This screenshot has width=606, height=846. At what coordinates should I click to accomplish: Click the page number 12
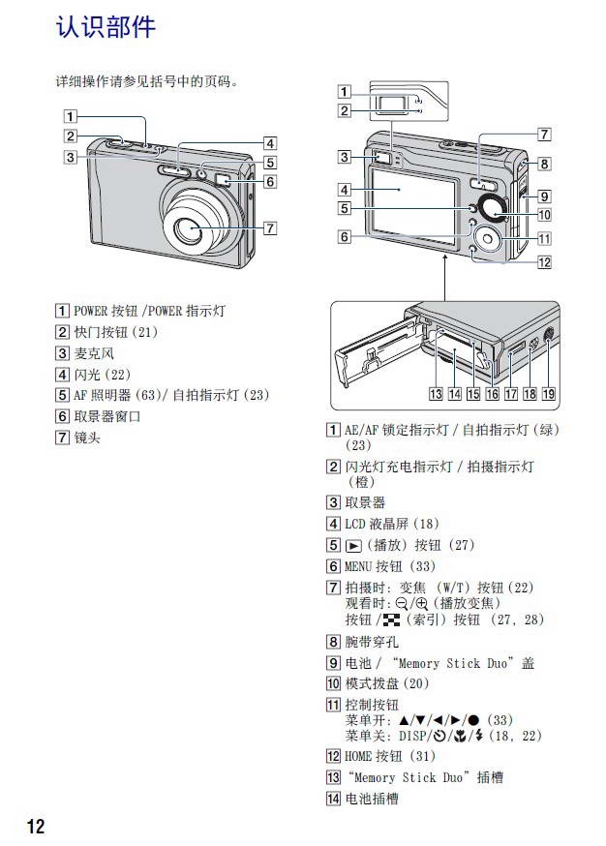coord(35,825)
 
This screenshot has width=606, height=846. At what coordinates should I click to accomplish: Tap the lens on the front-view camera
coord(190,228)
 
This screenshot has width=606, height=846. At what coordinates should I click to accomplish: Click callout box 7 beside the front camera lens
coord(271,228)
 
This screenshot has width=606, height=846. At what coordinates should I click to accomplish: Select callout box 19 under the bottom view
coord(548,394)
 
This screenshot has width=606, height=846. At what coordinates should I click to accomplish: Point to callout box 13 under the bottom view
coord(437,394)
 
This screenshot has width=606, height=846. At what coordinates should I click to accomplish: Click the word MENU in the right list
coord(359,566)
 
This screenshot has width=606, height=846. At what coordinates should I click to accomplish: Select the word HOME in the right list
coord(359,756)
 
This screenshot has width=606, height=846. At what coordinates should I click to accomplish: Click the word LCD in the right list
coord(355,524)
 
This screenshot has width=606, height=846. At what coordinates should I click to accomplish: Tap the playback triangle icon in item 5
coord(354,545)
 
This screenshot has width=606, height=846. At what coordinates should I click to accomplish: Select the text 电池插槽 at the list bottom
coord(372,799)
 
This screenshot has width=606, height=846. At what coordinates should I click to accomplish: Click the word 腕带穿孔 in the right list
coord(372,641)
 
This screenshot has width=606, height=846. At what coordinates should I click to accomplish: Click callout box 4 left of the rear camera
coord(345,189)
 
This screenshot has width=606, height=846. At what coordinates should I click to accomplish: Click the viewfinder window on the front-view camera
coord(221,180)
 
